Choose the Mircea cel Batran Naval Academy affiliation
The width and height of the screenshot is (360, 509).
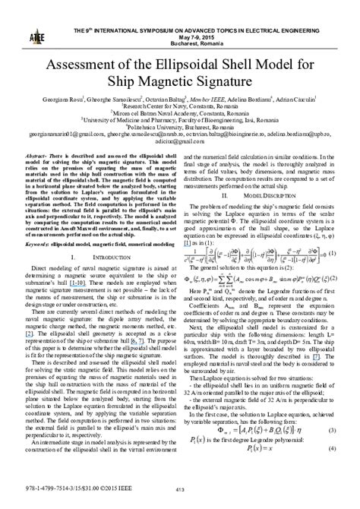point(181,114)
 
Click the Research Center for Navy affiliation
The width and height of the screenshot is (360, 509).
point(181,108)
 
